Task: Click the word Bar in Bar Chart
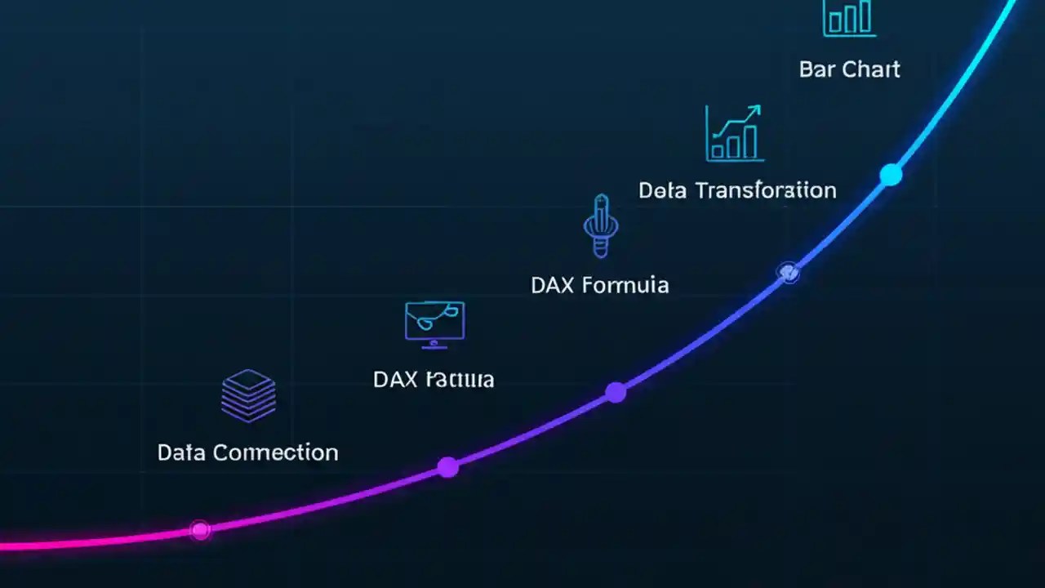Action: [x=817, y=69]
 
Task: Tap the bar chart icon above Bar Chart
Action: [x=849, y=18]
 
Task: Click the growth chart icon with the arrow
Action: [x=734, y=132]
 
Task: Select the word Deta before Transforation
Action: [x=663, y=191]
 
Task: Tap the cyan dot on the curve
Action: [x=891, y=175]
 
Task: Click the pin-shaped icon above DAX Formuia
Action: [x=601, y=226]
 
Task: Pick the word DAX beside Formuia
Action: [x=554, y=285]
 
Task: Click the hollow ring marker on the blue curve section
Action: [x=789, y=273]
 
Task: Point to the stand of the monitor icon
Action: [x=434, y=345]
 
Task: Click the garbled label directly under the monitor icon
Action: [x=434, y=380]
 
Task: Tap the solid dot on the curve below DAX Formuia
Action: [x=616, y=393]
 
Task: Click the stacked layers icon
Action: [x=248, y=396]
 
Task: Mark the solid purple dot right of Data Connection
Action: [x=447, y=467]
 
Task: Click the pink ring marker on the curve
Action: [x=200, y=530]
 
